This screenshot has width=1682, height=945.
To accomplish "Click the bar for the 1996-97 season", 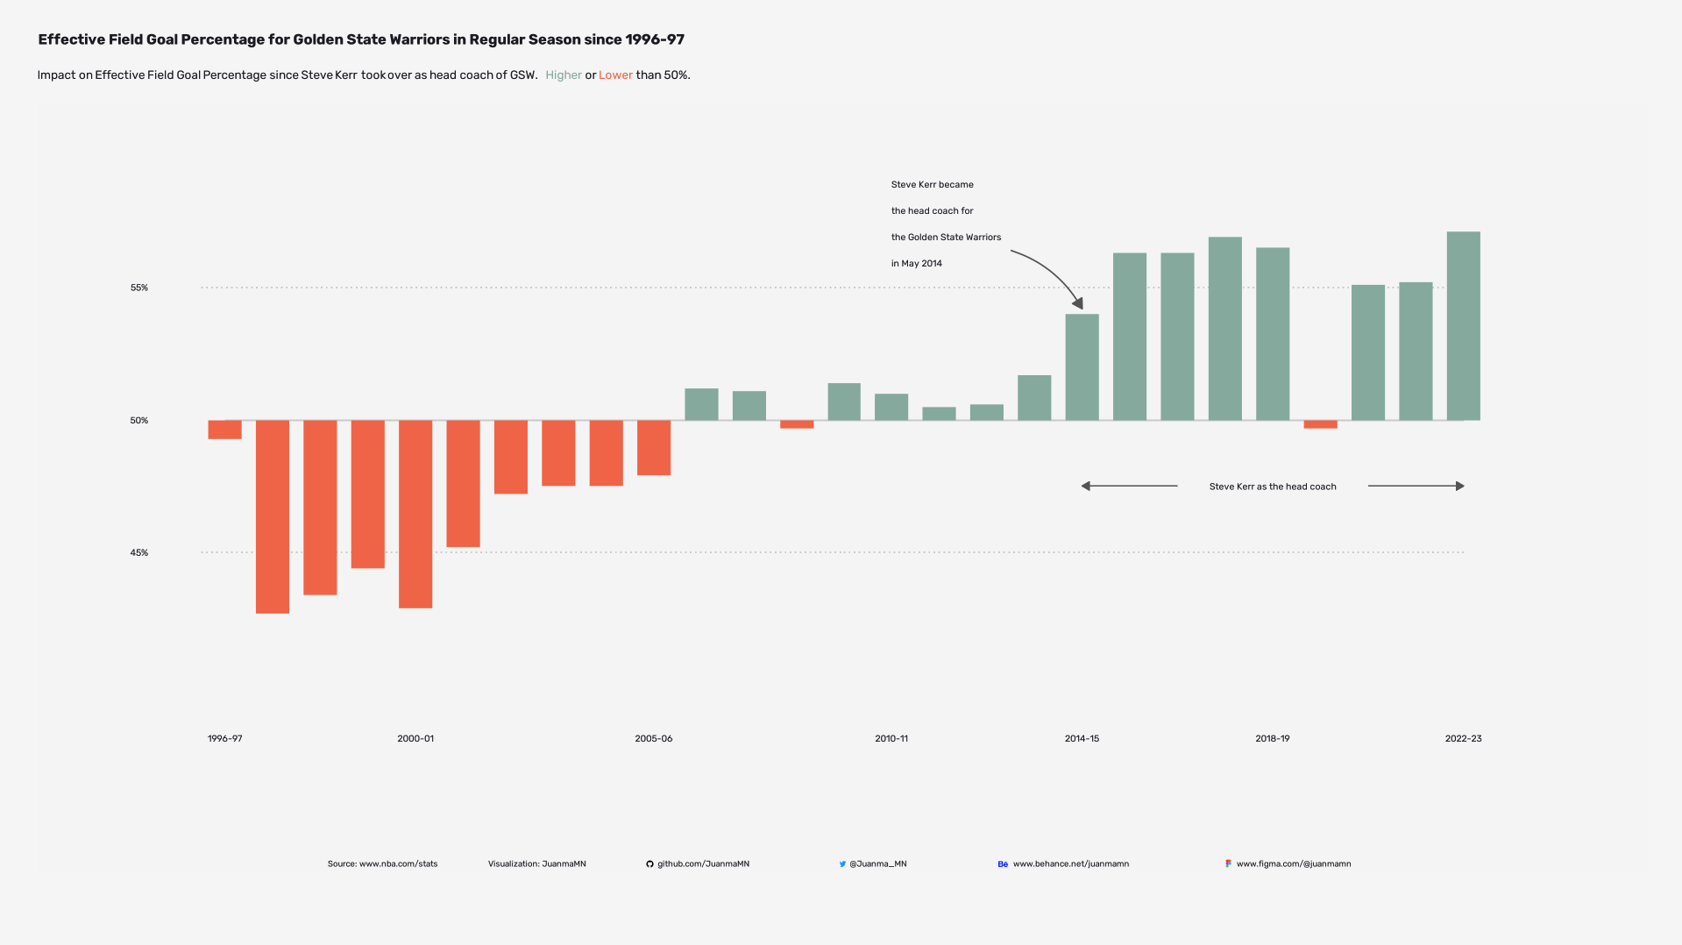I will (x=224, y=430).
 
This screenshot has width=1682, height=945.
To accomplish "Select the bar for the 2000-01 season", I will (x=415, y=514).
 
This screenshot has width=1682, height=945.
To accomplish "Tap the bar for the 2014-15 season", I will (x=1082, y=367).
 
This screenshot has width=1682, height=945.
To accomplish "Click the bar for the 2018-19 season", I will (x=1272, y=334).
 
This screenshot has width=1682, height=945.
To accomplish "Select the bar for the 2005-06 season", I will (x=653, y=448).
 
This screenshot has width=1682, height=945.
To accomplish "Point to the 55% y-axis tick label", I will (x=139, y=288).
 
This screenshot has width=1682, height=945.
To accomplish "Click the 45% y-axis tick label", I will (x=139, y=553).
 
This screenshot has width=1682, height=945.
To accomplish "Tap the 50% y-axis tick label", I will (x=139, y=421).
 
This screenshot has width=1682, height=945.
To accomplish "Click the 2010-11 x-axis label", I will (x=891, y=739).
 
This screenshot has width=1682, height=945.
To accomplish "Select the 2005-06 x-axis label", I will (x=653, y=739).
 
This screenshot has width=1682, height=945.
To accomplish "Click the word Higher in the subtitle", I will (x=563, y=75).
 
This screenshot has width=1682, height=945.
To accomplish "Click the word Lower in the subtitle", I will (x=615, y=75).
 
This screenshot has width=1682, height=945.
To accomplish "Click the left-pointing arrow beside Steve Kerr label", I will (x=1129, y=486).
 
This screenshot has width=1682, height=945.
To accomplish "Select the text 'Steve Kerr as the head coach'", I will (x=1272, y=487).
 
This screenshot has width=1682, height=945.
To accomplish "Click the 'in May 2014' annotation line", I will (x=916, y=264).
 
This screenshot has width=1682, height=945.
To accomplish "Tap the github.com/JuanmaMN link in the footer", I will (x=702, y=864).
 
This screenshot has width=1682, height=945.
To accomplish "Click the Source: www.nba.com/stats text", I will (x=382, y=864).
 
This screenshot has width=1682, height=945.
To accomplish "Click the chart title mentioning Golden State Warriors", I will (x=361, y=39).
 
